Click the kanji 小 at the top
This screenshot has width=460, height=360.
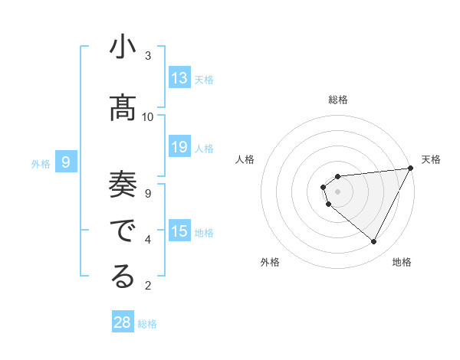(x=123, y=48)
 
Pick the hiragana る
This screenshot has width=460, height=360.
(x=123, y=277)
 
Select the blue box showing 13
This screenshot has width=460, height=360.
(x=179, y=78)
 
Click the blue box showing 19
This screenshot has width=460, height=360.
(x=179, y=147)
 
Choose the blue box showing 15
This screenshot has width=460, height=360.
(x=179, y=231)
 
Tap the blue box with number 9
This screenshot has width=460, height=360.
(x=66, y=162)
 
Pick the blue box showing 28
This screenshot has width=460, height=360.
(x=123, y=322)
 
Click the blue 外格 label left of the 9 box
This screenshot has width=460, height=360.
(x=41, y=163)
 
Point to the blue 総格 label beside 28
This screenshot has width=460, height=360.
(x=147, y=324)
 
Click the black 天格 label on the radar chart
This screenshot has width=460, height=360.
(x=431, y=159)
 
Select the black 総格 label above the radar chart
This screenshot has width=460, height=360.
(x=337, y=100)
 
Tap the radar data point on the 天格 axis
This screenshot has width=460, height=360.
(x=410, y=169)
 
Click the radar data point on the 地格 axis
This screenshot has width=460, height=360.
(x=373, y=242)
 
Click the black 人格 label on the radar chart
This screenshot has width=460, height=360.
(x=245, y=159)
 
